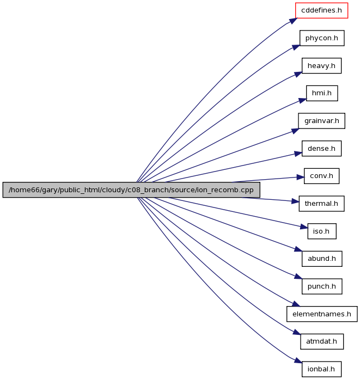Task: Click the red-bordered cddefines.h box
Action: pos(321,10)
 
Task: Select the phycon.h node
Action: pos(322,38)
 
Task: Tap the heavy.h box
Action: pos(321,65)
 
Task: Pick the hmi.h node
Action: pos(322,93)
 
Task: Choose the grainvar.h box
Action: pos(321,120)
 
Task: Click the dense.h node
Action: pos(321,148)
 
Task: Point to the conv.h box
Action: pos(321,176)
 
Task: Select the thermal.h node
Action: pos(321,204)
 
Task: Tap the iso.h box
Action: pos(322,231)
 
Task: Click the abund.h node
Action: pos(322,259)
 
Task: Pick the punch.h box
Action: pos(322,286)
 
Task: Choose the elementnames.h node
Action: pos(322,314)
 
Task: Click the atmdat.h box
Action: pos(322,341)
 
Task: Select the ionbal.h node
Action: pos(321,369)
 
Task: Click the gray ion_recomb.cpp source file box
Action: pos(131,189)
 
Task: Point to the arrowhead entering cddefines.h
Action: pos(293,21)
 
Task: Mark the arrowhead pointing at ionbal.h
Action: pos(298,360)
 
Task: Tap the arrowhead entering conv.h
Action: pos(300,178)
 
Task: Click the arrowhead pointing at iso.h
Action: pos(304,227)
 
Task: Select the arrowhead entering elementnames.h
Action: pos(296,304)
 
